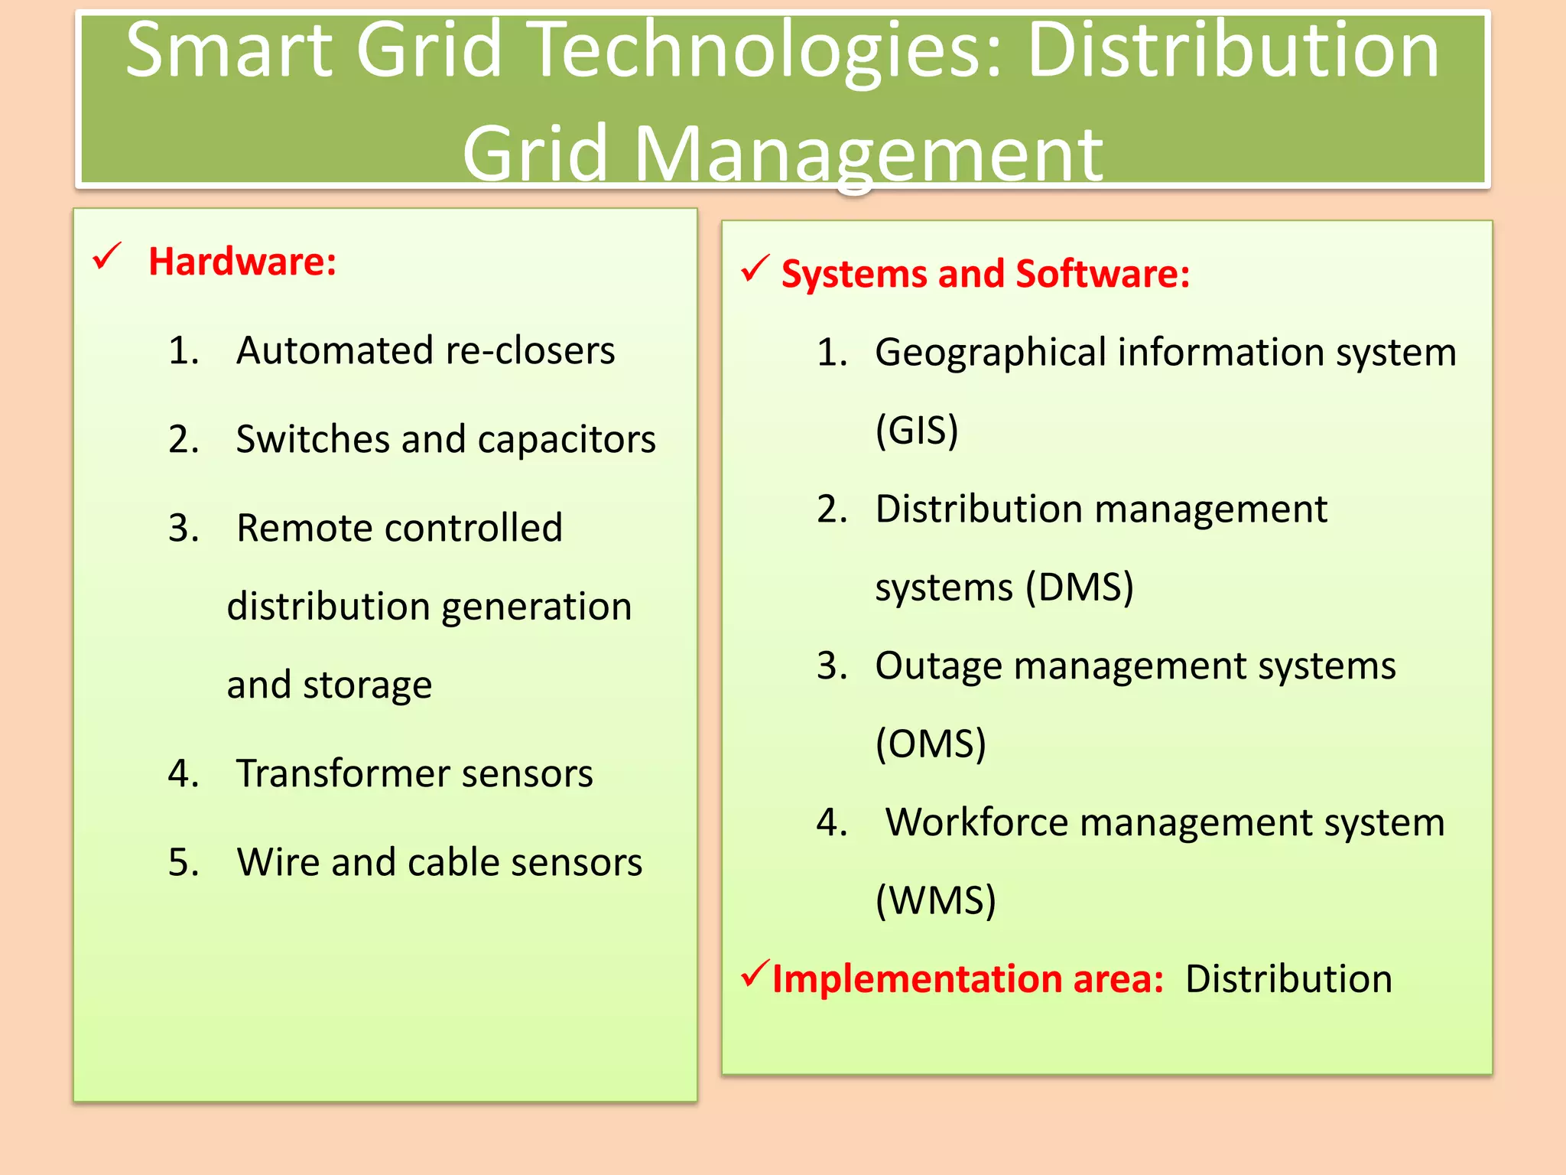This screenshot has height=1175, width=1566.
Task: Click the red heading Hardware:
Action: coord(242,262)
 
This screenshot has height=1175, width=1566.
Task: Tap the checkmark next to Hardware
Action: coord(107,257)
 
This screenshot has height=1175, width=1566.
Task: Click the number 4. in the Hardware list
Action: coord(184,773)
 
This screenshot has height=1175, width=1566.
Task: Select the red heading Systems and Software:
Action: coord(985,274)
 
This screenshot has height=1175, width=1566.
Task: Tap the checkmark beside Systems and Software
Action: coord(755,269)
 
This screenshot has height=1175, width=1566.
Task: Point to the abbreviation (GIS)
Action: coord(916,430)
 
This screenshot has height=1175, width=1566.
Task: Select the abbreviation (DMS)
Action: coord(1079,587)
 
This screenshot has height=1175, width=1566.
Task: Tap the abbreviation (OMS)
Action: coord(931,744)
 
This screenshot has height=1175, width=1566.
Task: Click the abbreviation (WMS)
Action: coord(935,900)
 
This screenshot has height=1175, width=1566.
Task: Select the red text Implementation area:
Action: coord(967,979)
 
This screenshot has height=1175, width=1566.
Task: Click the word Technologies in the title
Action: coord(765,50)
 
